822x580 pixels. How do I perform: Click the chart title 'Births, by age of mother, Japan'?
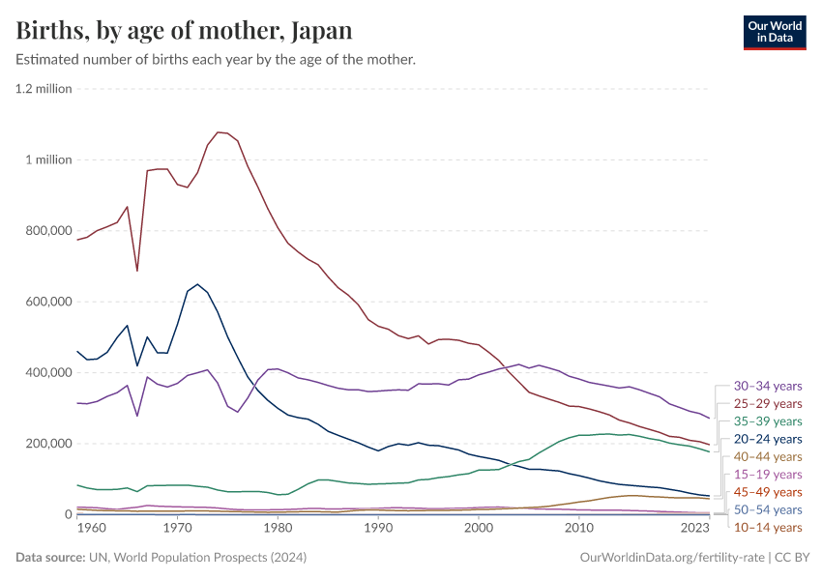184,31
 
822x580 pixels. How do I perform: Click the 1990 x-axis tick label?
378,529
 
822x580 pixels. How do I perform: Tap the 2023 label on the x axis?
695,529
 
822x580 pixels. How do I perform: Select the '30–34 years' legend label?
768,386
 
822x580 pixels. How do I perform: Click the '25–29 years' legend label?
768,403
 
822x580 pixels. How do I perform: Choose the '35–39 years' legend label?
768,421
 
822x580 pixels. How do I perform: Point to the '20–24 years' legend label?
768,439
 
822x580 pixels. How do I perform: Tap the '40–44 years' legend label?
768,456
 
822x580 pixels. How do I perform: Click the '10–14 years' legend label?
768,527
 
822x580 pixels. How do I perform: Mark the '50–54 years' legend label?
768,509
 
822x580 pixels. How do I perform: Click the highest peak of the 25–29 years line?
218,131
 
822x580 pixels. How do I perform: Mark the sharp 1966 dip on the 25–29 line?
137,271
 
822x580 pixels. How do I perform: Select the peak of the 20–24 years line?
197,284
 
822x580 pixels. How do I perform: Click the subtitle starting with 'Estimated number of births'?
216,60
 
